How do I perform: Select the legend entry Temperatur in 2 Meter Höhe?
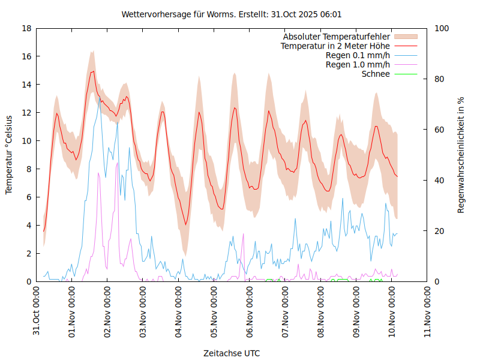click(x=335, y=46)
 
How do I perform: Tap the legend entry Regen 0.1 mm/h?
click(x=358, y=55)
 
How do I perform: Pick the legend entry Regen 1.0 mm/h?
click(x=358, y=64)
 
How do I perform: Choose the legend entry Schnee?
click(x=376, y=74)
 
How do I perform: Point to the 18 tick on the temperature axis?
click(x=27, y=28)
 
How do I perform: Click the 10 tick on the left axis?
click(x=27, y=141)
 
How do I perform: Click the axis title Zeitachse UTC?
click(x=232, y=353)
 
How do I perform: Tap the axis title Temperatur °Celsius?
click(x=9, y=155)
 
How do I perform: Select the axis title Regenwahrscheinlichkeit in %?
click(x=461, y=155)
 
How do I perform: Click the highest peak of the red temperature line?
click(x=92, y=71)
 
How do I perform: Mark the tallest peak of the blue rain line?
click(x=100, y=98)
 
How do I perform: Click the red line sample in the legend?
click(x=405, y=46)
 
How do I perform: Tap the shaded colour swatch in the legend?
click(x=405, y=37)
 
